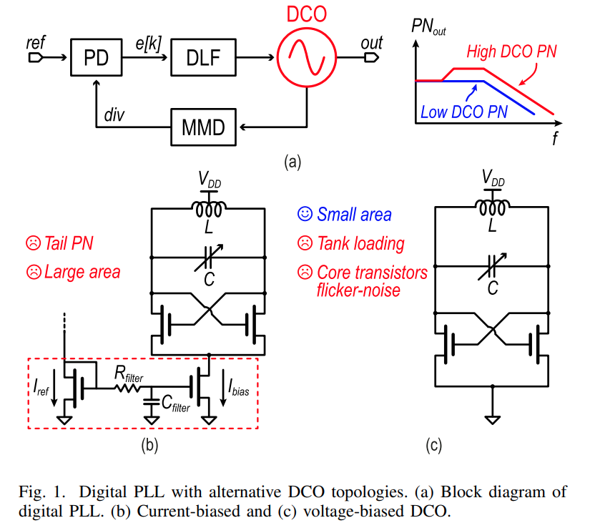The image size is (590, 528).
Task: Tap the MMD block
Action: pos(204,128)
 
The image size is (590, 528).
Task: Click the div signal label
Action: pos(114,114)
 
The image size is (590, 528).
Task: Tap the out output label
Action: pos(372,43)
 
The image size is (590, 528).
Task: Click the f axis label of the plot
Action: pos(554,138)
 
